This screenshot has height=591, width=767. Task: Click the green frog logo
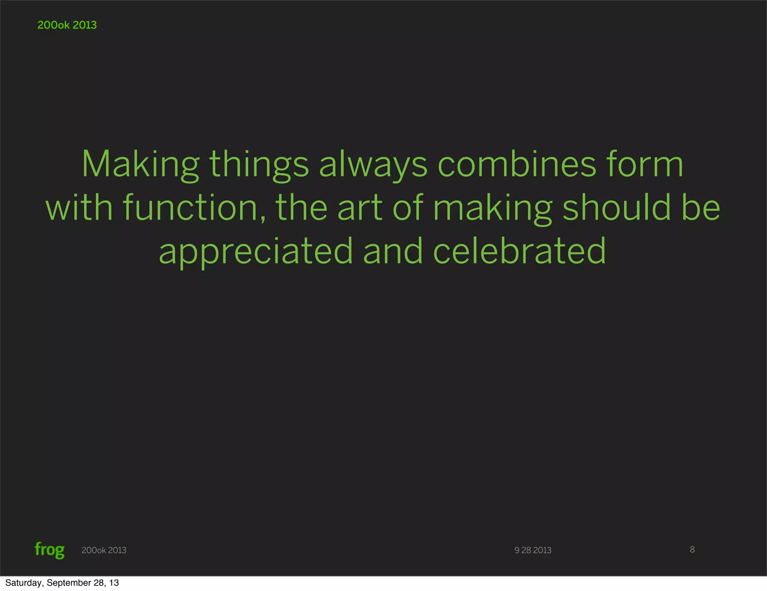49,550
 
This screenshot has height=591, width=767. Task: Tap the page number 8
692,549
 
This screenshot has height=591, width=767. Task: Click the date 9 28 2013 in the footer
533,550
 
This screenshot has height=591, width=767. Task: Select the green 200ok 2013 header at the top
67,25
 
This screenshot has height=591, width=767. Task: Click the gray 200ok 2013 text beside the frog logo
104,550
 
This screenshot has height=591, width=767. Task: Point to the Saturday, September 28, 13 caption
62,583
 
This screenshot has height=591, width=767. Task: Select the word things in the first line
259,165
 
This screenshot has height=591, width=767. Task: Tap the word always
373,165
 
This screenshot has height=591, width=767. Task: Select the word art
360,208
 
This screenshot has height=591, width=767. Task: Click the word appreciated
256,251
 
